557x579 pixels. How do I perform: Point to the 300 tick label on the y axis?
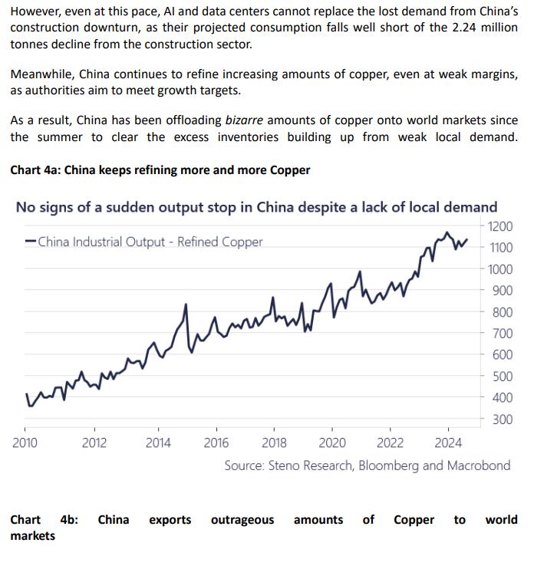click(503, 419)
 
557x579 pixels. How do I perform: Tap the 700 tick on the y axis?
click(503, 334)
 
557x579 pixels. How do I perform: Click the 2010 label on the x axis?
click(25, 442)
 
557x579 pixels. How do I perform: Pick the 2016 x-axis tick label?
click(216, 442)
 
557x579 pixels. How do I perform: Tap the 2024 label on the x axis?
click(447, 442)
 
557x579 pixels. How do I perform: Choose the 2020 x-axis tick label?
click(331, 442)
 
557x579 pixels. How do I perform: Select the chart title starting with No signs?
click(256, 207)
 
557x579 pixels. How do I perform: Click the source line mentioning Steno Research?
click(367, 466)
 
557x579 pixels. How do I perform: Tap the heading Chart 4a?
click(160, 169)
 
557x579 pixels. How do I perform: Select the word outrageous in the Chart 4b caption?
click(242, 520)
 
